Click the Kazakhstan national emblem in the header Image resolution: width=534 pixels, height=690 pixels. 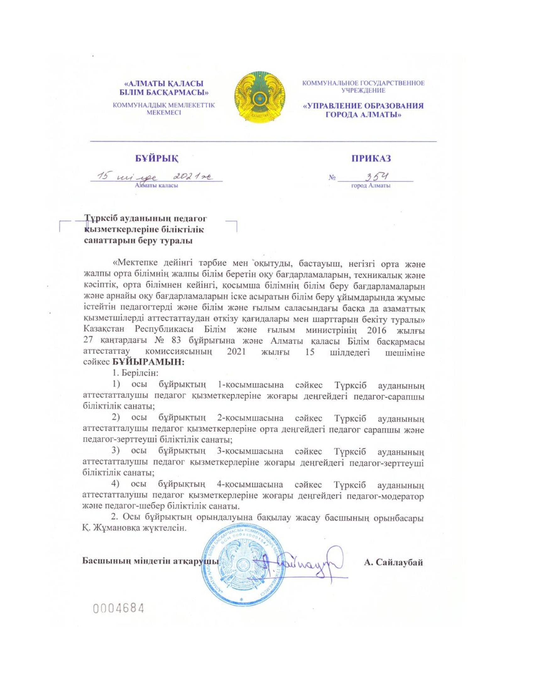(x=260, y=98)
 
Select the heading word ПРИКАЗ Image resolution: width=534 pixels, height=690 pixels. (x=371, y=158)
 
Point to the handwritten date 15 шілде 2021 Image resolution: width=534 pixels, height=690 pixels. (x=155, y=177)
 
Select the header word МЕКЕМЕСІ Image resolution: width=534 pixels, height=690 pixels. (x=164, y=113)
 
